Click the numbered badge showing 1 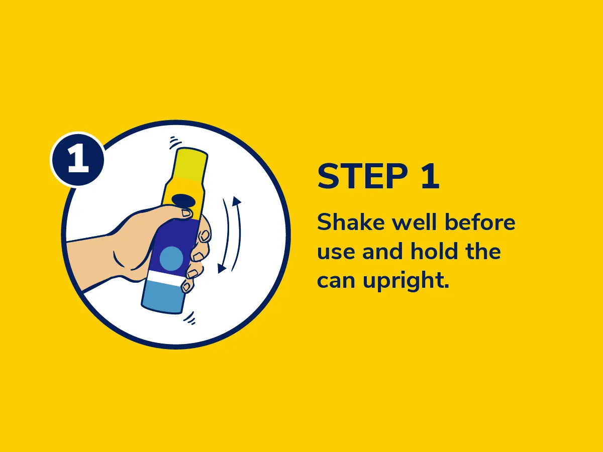(x=77, y=159)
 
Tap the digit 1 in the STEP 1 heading (x=431, y=176)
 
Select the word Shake (x=351, y=222)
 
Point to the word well (x=414, y=222)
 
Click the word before (x=480, y=222)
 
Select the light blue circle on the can (x=171, y=258)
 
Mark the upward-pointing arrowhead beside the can (x=237, y=201)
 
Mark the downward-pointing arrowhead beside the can (x=222, y=268)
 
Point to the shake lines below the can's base (x=190, y=318)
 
